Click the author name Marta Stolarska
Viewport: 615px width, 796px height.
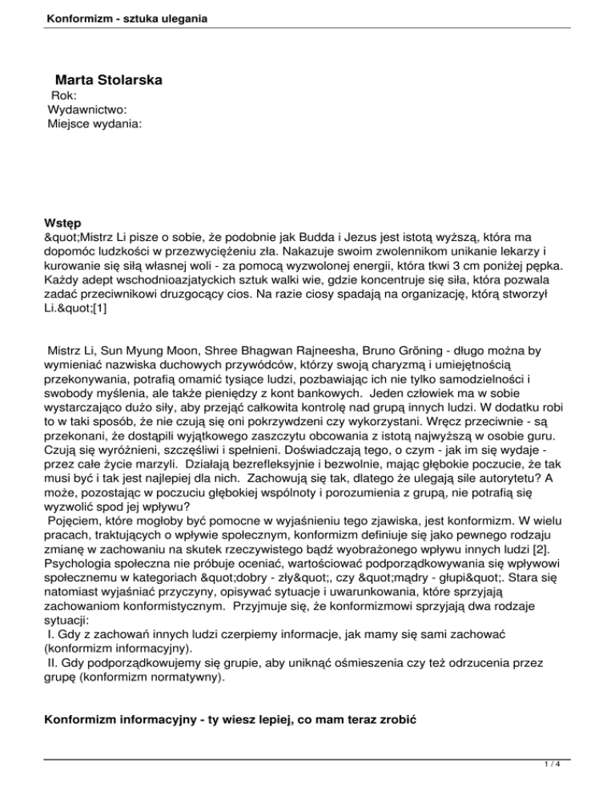pos(109,80)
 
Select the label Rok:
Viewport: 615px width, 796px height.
pos(64,95)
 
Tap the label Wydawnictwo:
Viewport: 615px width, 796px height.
pos(87,110)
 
